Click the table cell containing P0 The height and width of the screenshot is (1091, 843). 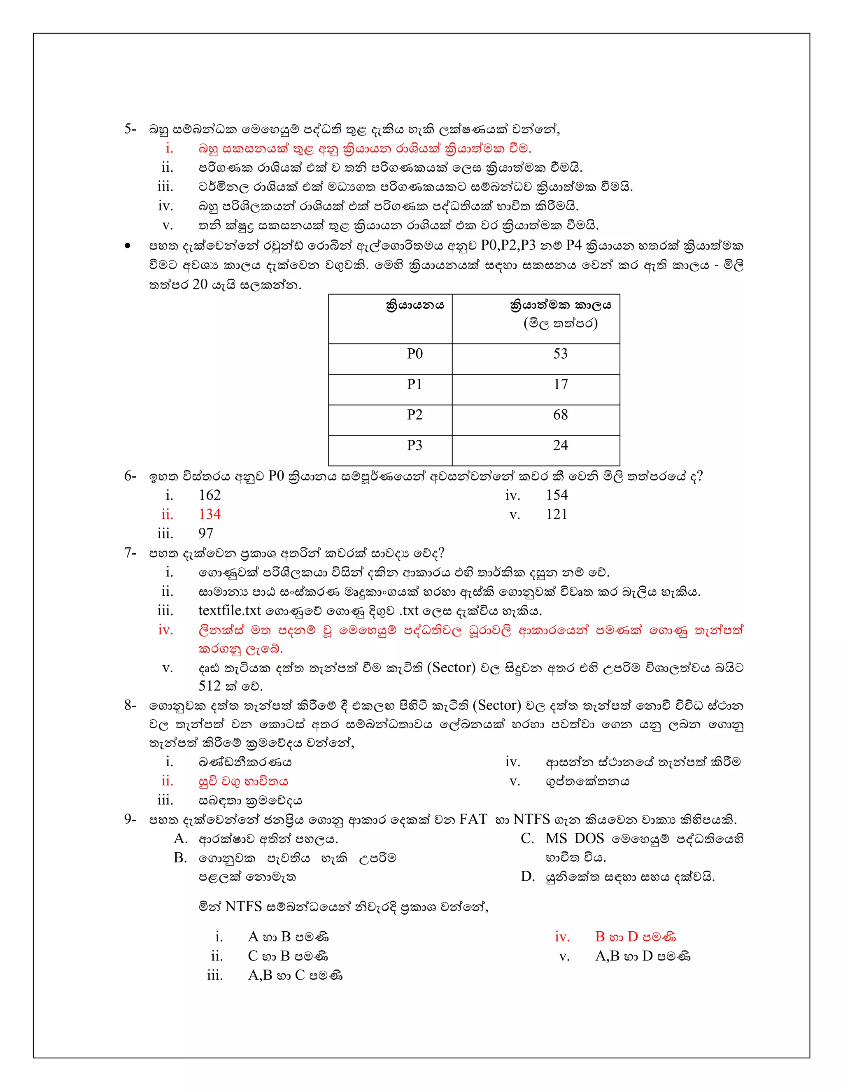coord(415,354)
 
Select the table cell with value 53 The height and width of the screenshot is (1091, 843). coord(560,354)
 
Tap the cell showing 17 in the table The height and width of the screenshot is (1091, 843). coord(560,384)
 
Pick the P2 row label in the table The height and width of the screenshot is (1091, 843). coord(415,415)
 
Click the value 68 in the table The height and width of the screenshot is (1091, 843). coord(560,415)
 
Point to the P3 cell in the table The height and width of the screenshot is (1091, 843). coord(415,445)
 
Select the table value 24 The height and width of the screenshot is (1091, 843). coord(560,445)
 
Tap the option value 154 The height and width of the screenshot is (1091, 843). coord(557,495)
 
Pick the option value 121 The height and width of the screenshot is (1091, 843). coord(557,514)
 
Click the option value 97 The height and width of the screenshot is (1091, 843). coord(206,534)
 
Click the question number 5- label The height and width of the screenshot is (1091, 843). coord(130,129)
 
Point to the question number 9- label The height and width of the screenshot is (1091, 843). coord(130,819)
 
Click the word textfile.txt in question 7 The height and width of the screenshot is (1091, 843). coord(230,611)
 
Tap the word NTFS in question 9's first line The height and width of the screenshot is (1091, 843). coord(531,819)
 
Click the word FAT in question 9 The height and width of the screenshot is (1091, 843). coord(473,819)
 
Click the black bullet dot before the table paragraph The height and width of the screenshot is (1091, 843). coord(128,246)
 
